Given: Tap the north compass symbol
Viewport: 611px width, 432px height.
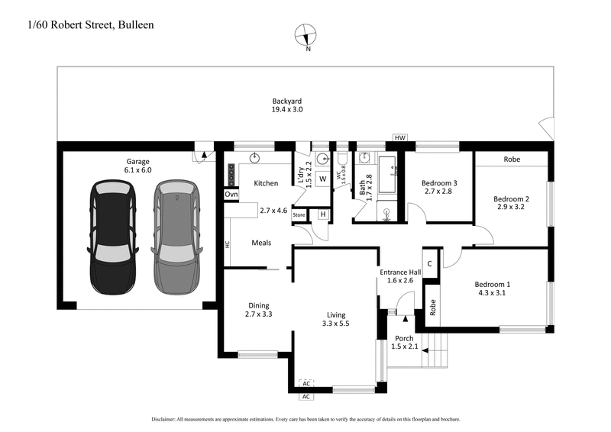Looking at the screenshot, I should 309,35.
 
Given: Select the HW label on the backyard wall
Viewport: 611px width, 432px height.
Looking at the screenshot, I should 399,137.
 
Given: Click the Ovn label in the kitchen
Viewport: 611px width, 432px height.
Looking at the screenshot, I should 231,195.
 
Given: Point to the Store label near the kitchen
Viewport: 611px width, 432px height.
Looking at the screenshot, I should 299,214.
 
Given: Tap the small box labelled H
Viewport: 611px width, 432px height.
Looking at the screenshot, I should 322,214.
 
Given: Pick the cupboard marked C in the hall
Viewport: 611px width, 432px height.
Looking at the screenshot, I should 430,263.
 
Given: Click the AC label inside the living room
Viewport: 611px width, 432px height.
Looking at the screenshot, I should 307,383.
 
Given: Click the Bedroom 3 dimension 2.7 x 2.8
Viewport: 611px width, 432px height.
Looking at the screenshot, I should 438,192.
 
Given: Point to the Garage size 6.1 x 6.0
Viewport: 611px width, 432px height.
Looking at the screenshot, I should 140,170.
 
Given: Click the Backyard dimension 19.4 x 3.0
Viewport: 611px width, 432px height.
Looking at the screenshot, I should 287,110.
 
